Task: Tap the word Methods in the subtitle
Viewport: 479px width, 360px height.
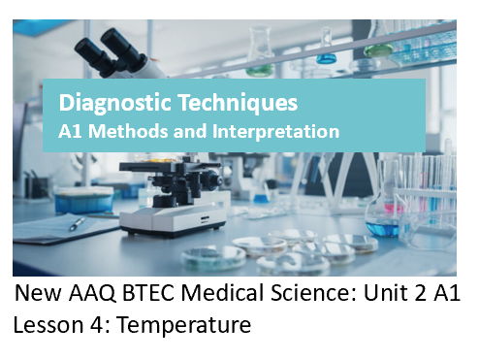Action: [125, 129]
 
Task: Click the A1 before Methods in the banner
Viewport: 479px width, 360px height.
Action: [72, 129]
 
